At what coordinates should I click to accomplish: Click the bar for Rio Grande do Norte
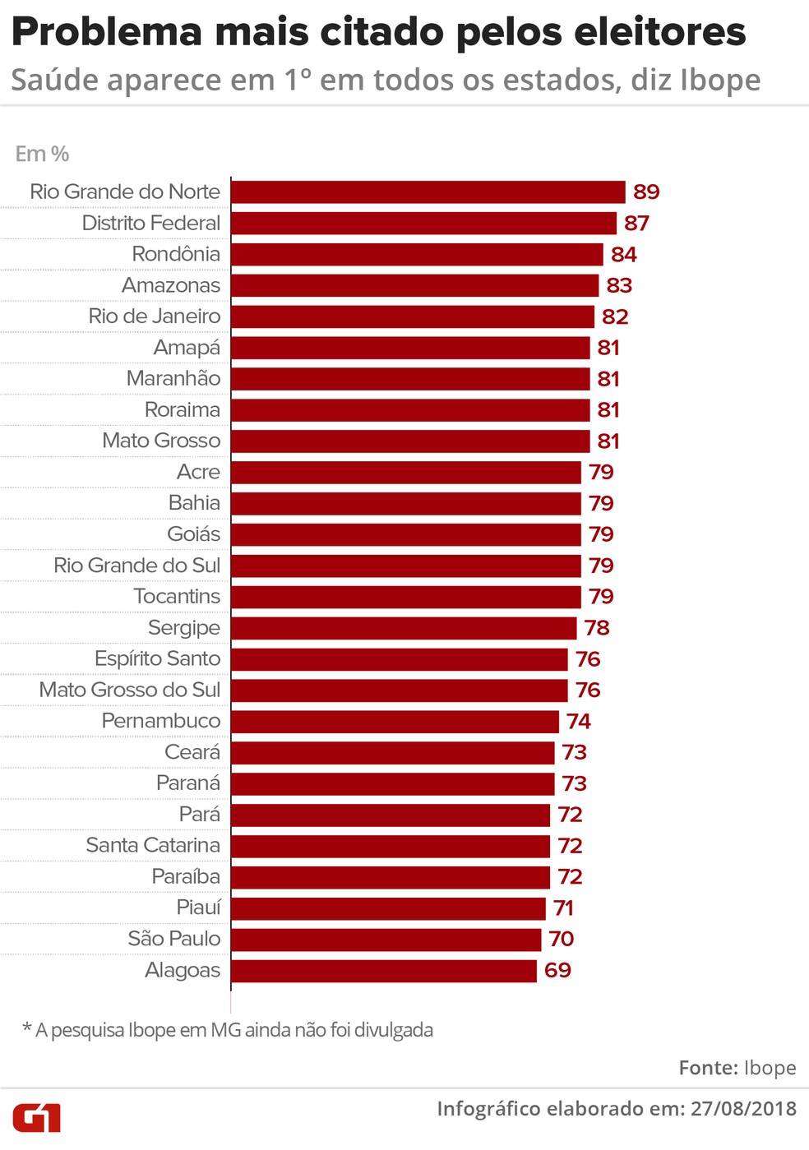(x=428, y=192)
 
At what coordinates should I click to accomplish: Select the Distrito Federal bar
(x=423, y=223)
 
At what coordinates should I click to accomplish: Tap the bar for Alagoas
(x=383, y=970)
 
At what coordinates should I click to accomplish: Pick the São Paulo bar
(x=386, y=939)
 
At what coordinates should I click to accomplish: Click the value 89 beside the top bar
(x=646, y=192)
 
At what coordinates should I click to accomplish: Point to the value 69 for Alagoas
(x=557, y=970)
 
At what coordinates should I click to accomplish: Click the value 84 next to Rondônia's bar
(x=624, y=254)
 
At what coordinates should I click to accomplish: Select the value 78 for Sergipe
(x=597, y=628)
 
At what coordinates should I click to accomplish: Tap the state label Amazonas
(x=171, y=285)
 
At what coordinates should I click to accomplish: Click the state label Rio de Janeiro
(x=155, y=316)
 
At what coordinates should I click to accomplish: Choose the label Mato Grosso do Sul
(x=130, y=690)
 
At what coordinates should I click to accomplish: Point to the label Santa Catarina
(x=153, y=845)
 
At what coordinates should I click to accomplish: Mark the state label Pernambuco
(x=161, y=721)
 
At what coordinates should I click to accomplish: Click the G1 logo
(x=36, y=1118)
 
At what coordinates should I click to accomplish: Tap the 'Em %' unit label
(x=42, y=154)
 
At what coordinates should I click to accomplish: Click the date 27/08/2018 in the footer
(x=743, y=1109)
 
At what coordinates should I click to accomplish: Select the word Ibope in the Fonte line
(x=770, y=1068)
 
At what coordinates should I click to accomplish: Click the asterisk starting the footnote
(x=27, y=1028)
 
